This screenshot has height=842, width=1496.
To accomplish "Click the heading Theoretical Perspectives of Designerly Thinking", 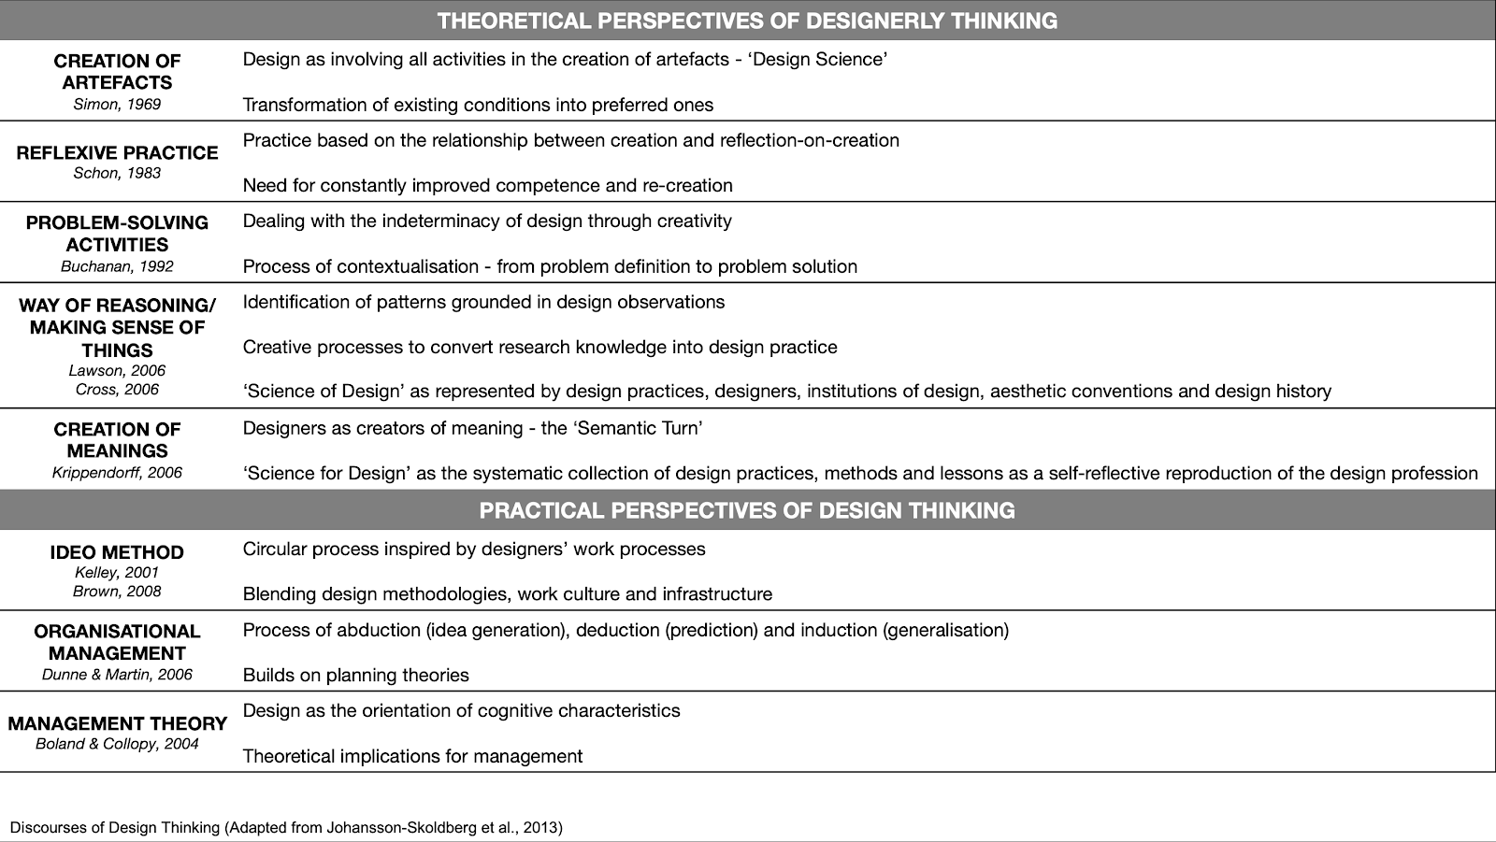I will point(747,21).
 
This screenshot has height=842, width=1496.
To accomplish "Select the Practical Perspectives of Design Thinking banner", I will point(747,510).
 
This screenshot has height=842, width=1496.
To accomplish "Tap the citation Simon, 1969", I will point(117,105).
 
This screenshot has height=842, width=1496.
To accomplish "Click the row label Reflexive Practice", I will point(117,152).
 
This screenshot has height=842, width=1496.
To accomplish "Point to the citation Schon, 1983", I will point(117,173).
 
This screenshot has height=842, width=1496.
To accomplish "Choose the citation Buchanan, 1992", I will point(117,266).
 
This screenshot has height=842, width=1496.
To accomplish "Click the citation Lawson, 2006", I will point(117,371).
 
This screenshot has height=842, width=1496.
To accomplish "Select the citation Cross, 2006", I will point(117,390).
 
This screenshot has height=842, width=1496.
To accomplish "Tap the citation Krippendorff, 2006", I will point(117,473).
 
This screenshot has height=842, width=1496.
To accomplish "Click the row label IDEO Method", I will point(117,552).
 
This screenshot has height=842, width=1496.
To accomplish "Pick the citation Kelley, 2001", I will point(117,572).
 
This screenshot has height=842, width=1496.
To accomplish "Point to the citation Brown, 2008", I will point(117,591).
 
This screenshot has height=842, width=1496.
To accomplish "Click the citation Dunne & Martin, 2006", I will point(117,675).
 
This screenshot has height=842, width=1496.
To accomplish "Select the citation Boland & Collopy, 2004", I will point(117,744).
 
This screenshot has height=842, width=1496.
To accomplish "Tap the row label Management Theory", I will point(117,723).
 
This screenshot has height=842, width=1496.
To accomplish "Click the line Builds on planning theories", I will point(355,675).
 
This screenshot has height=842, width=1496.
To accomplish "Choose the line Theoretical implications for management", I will point(412,756).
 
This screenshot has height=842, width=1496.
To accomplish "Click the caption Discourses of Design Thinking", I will point(286,827).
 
